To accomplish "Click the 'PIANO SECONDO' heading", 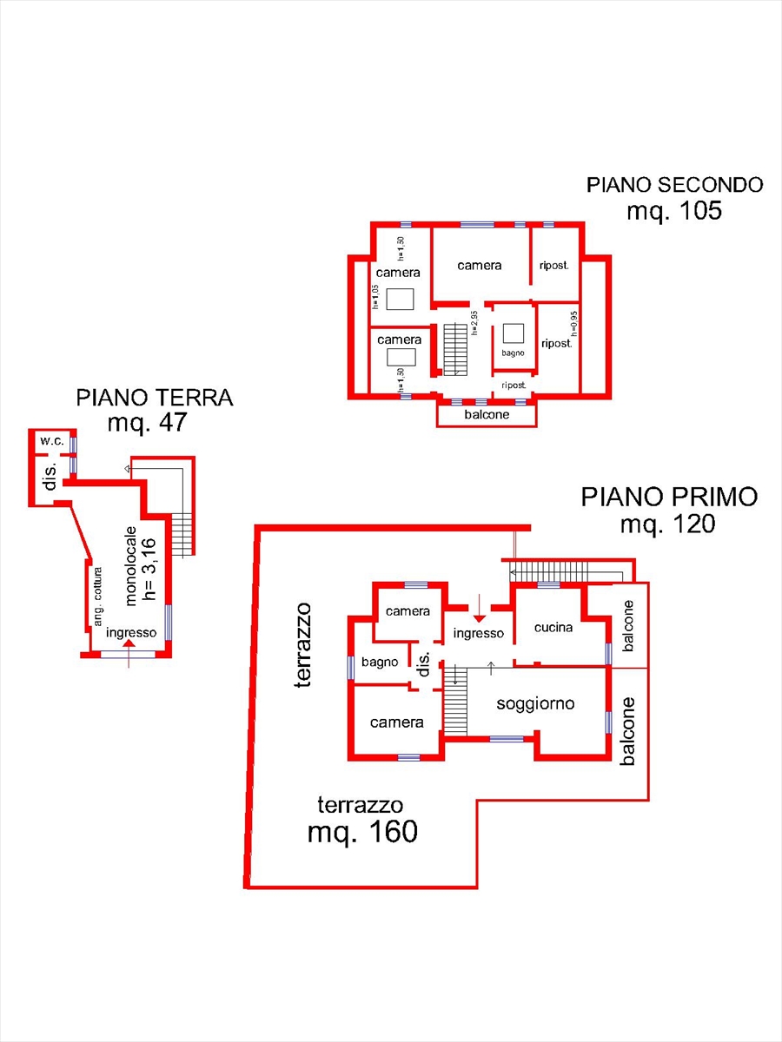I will (674, 184).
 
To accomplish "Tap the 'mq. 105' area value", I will (674, 210).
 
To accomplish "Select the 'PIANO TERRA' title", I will (155, 398).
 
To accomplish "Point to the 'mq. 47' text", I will (148, 423).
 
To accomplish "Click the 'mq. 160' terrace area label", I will (362, 832).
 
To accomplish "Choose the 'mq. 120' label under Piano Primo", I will (667, 524).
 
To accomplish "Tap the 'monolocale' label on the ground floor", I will (130, 565).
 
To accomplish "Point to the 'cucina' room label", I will (553, 627).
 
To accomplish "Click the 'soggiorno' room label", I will (535, 703).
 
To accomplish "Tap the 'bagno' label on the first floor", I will (380, 662).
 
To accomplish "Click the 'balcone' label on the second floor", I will (486, 415).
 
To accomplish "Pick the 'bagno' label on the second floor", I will (513, 353).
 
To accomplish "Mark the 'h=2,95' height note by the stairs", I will (475, 322).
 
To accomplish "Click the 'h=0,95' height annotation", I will (573, 322).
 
